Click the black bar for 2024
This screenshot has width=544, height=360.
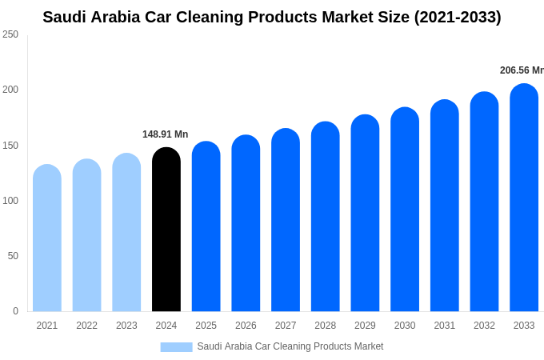point(166,230)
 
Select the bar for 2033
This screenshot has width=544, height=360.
point(524,198)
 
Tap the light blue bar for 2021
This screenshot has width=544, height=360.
point(47,238)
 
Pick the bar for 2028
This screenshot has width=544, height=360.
point(326,217)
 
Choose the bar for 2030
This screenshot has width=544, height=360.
point(405,210)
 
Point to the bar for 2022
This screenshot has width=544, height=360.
point(86,235)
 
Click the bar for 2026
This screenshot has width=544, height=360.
point(246,223)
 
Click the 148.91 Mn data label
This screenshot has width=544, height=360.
point(166,134)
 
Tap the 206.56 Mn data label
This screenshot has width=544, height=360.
point(521,70)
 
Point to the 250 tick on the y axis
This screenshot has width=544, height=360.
point(10,34)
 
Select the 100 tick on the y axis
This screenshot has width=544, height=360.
point(10,201)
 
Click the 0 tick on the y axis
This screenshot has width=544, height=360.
point(15,311)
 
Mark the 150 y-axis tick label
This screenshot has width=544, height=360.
point(10,146)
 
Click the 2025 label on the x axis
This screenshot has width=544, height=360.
point(206,326)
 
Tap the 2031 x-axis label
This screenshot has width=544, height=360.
point(445,326)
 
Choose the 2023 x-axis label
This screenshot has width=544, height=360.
point(126,326)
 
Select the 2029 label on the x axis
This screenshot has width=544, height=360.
point(365,326)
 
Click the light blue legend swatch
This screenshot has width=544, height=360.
point(176,347)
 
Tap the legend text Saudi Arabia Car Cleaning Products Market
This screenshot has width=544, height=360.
point(290,346)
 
